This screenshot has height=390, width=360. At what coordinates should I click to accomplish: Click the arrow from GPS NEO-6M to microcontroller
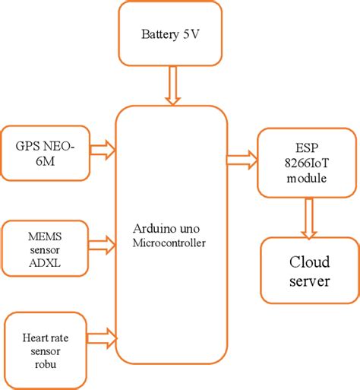[103, 149]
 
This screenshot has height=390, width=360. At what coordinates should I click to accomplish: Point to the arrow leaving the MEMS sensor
[103, 244]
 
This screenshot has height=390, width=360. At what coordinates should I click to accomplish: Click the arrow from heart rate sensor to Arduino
[103, 335]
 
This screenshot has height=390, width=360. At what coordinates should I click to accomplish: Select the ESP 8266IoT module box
[307, 162]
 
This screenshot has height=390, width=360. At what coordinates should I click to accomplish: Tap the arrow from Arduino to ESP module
[242, 160]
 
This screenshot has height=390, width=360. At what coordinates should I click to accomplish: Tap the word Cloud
[308, 262]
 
